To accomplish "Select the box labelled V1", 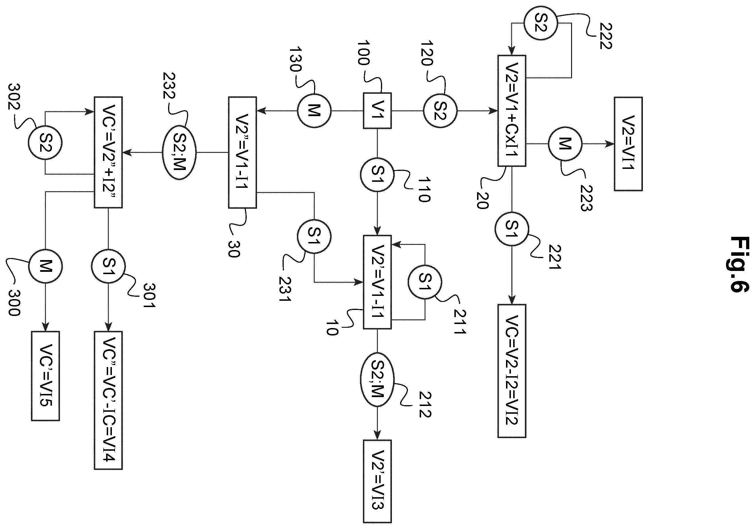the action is pos(377,111).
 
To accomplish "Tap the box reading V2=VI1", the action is pos(628,144).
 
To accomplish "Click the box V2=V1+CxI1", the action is pos(512,111).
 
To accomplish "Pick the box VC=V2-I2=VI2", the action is pos(512,371).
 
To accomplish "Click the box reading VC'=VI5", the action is pos(45,376).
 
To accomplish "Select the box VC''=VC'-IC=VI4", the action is pos(108,400).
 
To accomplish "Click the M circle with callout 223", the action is pos(565,144).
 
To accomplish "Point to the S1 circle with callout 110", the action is pos(377,175).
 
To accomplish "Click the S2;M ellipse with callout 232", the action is pos(179,152).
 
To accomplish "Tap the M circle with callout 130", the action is pos(314,111).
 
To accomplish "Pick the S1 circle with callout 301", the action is pos(108,266).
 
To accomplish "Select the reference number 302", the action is pos(14,97).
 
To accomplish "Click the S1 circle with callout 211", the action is pos(425,282).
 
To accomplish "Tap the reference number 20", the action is pos(482,200).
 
